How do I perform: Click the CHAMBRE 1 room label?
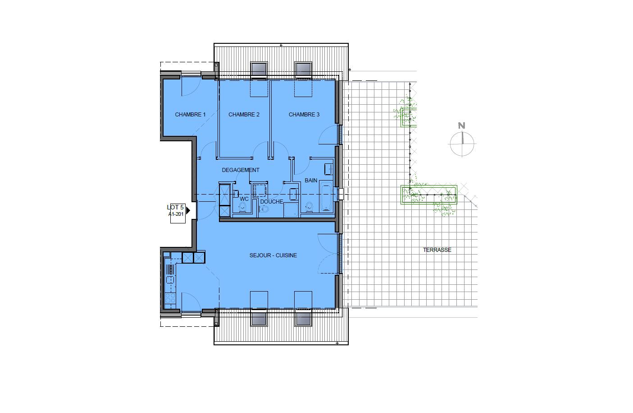click(190, 115)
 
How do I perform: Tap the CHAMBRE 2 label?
click(244, 115)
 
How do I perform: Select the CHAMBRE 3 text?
click(304, 115)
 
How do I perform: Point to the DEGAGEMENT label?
click(241, 170)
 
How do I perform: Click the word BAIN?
click(311, 180)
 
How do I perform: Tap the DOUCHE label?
click(272, 202)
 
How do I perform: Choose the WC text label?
click(244, 199)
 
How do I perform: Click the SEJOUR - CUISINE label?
click(273, 255)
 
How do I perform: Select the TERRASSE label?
click(437, 250)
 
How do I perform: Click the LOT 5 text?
click(175, 207)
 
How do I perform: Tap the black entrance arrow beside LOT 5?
click(188, 210)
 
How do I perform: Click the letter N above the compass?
click(461, 125)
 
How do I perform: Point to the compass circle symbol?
click(462, 144)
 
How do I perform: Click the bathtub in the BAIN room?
click(326, 197)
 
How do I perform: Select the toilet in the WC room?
click(242, 208)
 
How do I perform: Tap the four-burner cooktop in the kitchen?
click(170, 298)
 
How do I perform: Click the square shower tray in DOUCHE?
click(291, 210)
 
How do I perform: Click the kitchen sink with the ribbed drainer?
click(170, 274)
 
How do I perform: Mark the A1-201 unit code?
click(176, 214)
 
